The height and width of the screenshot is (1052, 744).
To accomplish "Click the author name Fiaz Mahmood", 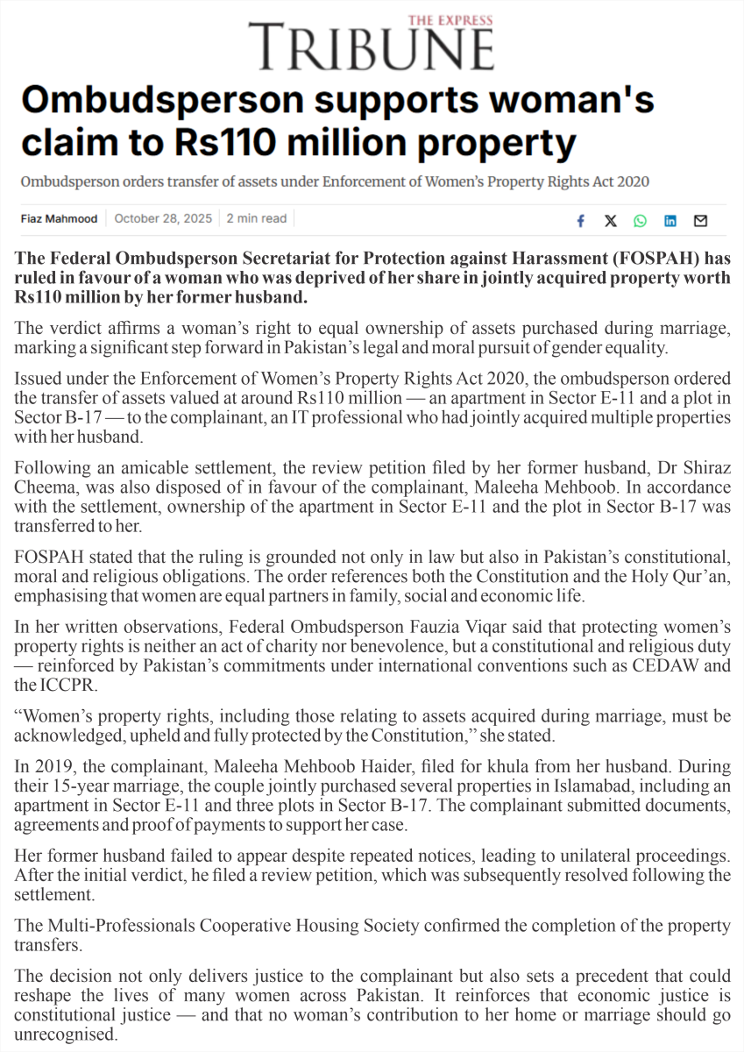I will [60, 218].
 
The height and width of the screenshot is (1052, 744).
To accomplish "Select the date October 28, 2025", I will [163, 218].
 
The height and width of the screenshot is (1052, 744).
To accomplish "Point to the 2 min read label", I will [257, 218].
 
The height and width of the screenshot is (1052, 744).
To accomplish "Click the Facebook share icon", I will [580, 221].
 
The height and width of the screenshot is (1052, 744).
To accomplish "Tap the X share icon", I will [610, 221].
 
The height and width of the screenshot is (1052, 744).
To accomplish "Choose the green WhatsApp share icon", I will [640, 221].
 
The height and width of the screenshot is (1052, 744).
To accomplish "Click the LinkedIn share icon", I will [670, 221].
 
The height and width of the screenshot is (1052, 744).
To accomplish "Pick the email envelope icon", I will [700, 221].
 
